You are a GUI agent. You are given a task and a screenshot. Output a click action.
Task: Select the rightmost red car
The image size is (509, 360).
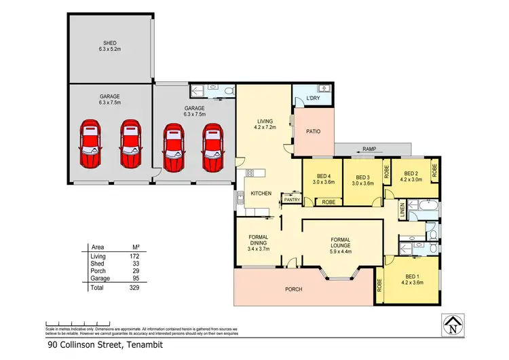click(x=213, y=147)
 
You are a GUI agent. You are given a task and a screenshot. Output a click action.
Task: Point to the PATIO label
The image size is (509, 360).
click(x=312, y=132)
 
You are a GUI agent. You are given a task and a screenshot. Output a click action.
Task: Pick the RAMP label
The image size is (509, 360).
click(x=369, y=148)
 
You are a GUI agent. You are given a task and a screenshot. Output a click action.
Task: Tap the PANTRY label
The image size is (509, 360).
click(x=292, y=200)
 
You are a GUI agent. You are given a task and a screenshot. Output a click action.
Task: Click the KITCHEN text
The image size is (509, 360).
click(x=261, y=194)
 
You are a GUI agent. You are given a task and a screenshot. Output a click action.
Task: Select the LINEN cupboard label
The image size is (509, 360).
click(x=402, y=210)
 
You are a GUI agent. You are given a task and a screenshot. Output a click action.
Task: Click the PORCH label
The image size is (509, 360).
click(x=293, y=289)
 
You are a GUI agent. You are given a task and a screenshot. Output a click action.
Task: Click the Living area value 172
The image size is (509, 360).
click(x=134, y=256)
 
